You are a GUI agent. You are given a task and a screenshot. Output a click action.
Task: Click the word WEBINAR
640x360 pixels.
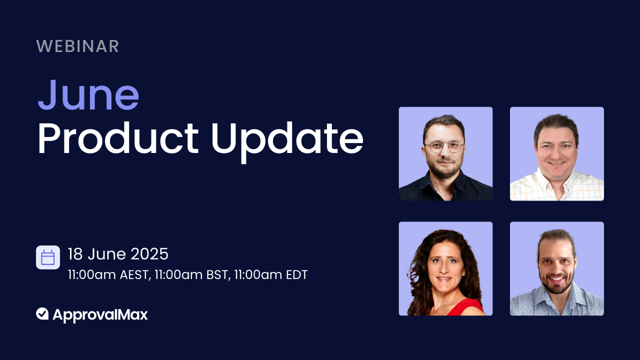pyautogui.click(x=77, y=46)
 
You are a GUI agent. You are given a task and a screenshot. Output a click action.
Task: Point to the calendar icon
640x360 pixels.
pyautogui.click(x=48, y=257)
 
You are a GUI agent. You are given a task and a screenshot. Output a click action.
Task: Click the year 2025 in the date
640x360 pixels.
pyautogui.click(x=149, y=254)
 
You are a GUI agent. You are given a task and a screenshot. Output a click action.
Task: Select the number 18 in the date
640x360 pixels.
pyautogui.click(x=75, y=254)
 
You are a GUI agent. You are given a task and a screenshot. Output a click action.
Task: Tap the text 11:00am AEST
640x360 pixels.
pyautogui.click(x=108, y=275)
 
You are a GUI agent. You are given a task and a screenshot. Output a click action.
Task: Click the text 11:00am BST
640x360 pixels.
pyautogui.click(x=191, y=275)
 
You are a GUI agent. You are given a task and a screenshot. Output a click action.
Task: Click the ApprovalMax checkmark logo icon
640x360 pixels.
pyautogui.click(x=42, y=314)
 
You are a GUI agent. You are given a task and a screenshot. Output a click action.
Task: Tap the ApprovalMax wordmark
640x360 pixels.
pyautogui.click(x=100, y=314)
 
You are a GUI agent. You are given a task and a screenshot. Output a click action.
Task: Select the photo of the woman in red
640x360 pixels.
pyautogui.click(x=445, y=268)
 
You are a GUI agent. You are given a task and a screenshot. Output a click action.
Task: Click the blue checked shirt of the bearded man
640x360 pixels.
pyautogui.click(x=556, y=305)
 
